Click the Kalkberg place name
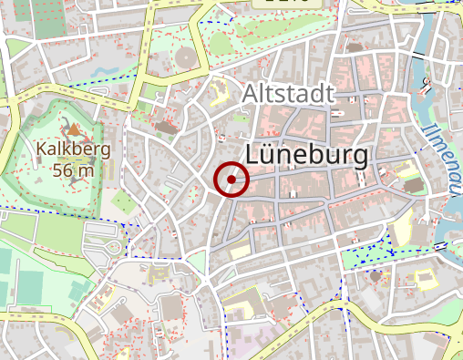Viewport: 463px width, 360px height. [73, 149]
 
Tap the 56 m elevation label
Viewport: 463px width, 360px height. [73, 170]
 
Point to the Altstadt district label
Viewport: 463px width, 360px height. [289, 94]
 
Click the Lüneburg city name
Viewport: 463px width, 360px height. [308, 155]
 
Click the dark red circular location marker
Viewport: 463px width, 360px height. [231, 179]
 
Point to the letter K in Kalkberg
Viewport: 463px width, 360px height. [42, 149]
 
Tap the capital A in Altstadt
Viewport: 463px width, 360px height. [252, 94]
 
